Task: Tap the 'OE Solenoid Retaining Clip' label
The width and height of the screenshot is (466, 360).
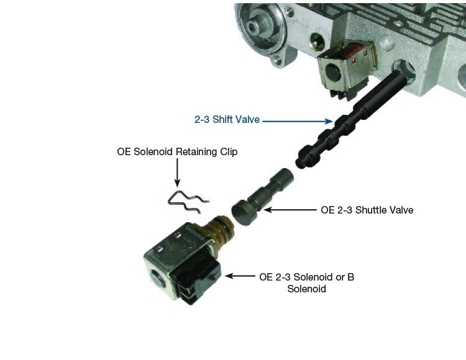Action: (177, 151)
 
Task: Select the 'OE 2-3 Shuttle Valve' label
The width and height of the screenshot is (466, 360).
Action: (367, 210)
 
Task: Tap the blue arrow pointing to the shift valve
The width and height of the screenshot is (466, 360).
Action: (297, 120)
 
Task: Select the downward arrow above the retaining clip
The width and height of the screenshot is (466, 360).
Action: (177, 173)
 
